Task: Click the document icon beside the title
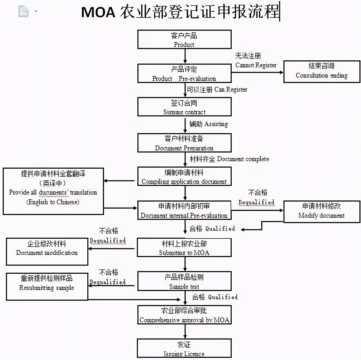23,11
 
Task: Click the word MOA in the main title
98,12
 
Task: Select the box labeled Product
184,40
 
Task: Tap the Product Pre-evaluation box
184,73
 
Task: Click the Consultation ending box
322,72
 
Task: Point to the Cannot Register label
256,65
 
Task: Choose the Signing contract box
184,107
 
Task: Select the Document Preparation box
184,143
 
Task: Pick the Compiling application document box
184,176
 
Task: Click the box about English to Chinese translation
53,191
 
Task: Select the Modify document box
322,212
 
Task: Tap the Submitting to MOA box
184,247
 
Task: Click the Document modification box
47,251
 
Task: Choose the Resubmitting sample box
47,286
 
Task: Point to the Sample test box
184,281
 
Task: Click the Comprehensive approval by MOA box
184,315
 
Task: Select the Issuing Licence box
184,348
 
